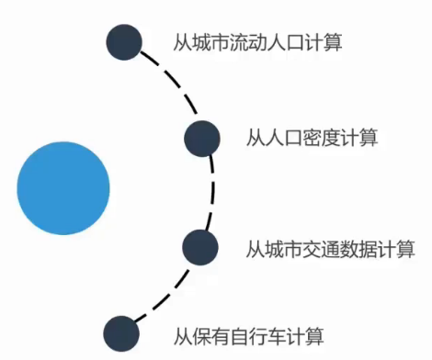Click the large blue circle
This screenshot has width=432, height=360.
point(63,186)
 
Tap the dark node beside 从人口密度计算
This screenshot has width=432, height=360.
point(201,138)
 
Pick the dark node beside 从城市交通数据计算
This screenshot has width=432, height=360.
point(199,246)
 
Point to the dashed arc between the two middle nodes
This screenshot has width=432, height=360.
point(212,192)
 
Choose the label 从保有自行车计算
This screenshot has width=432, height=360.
point(247,335)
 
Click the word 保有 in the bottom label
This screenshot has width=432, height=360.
point(208,335)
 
